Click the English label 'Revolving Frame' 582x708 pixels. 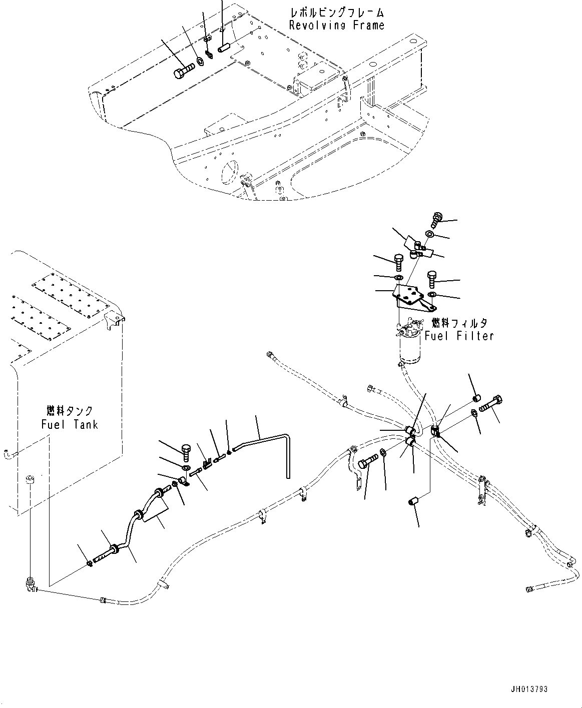336,25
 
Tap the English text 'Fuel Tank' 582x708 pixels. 70,425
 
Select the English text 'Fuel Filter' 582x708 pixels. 459,336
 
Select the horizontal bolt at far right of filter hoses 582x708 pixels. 492,403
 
